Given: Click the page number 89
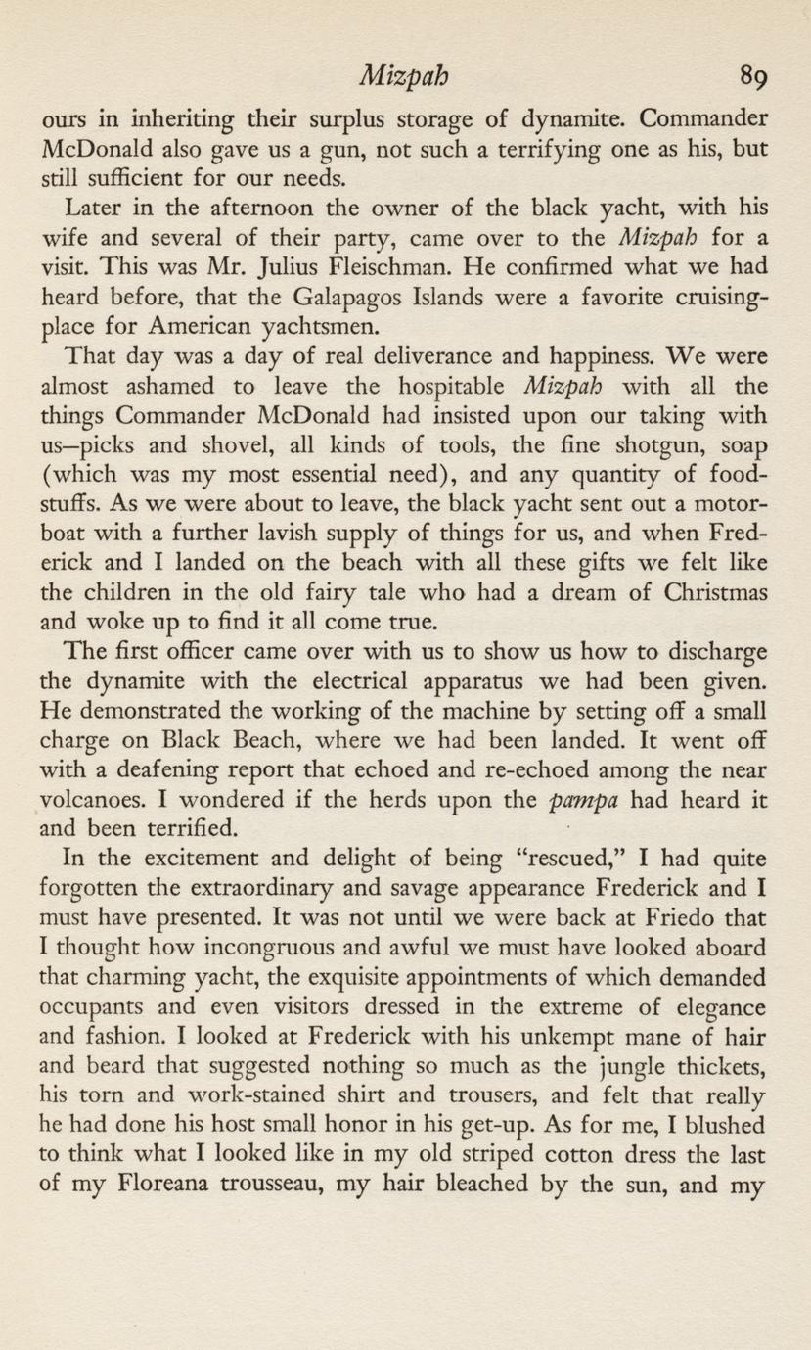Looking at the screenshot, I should (x=755, y=75).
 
